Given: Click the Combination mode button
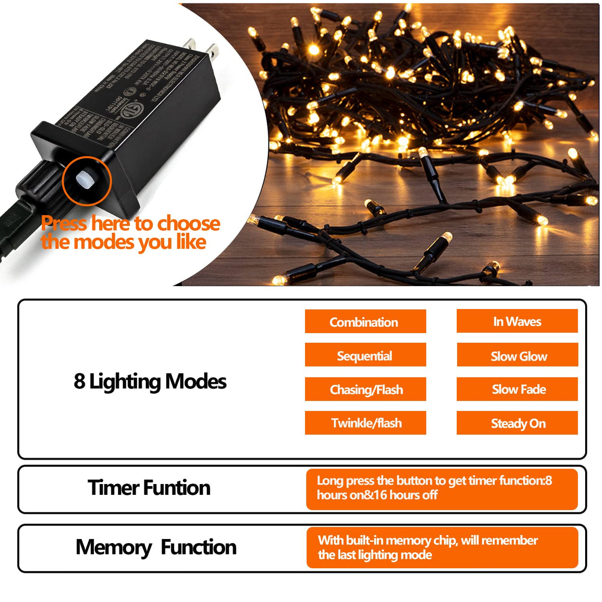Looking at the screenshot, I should click(x=365, y=321).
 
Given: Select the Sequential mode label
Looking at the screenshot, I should click(x=365, y=355).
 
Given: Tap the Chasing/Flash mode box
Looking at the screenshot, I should click(x=365, y=389).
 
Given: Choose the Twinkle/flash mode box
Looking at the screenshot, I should click(x=365, y=423).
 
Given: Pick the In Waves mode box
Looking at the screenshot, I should click(x=517, y=321).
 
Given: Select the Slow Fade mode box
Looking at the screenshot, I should click(x=517, y=389).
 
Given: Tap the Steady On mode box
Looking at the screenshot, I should click(x=517, y=423).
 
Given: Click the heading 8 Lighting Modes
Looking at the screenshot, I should click(x=150, y=381).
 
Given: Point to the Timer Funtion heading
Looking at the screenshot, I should click(x=149, y=488).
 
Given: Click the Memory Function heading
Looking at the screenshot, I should click(x=156, y=547).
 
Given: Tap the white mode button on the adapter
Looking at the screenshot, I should click(x=85, y=180).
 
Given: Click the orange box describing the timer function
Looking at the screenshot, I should click(x=441, y=489).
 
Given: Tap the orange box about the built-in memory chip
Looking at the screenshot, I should click(x=441, y=547).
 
